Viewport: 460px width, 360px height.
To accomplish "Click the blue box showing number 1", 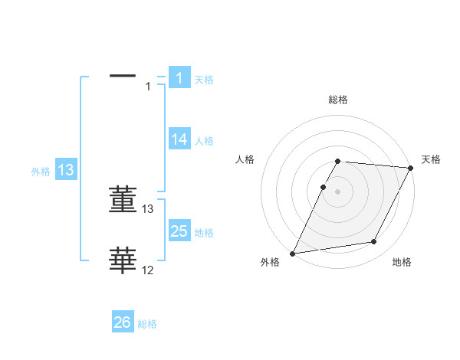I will pyautogui.click(x=179, y=77).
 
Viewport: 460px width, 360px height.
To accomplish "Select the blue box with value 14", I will pyautogui.click(x=179, y=139).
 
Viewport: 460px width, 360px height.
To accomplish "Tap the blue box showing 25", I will pyautogui.click(x=179, y=231).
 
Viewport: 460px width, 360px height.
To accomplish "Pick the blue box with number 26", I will pyautogui.click(x=123, y=322).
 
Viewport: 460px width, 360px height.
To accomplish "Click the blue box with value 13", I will pyautogui.click(x=66, y=171).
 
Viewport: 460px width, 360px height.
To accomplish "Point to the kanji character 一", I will pyautogui.click(x=123, y=76).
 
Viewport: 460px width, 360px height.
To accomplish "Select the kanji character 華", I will pyautogui.click(x=123, y=260).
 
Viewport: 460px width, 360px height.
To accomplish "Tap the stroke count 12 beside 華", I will pyautogui.click(x=148, y=270).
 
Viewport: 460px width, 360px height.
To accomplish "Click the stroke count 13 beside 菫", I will pyautogui.click(x=148, y=208).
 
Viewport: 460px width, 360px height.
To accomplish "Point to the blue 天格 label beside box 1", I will pyautogui.click(x=203, y=79).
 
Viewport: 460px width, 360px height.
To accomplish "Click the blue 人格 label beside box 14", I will pyautogui.click(x=203, y=141).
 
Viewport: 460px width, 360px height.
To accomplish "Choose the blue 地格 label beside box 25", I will pyautogui.click(x=203, y=233).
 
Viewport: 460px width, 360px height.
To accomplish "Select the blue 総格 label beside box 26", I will pyautogui.click(x=147, y=324).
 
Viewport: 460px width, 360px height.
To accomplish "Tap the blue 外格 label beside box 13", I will pyautogui.click(x=41, y=172).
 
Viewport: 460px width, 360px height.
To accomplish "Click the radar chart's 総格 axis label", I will pyautogui.click(x=338, y=100).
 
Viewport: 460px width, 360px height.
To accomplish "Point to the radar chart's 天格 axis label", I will pyautogui.click(x=431, y=159).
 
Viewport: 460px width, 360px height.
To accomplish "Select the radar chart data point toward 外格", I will pyautogui.click(x=293, y=254).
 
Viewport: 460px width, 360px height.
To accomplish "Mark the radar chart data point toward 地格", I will pyautogui.click(x=374, y=242).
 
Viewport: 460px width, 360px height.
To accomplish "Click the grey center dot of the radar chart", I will pyautogui.click(x=337, y=192).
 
